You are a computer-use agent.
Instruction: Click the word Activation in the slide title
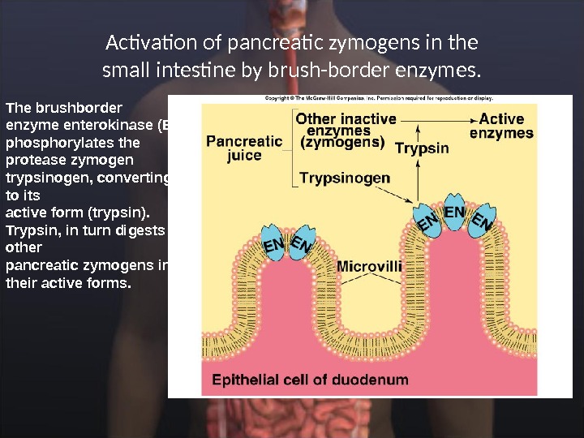coord(143,41)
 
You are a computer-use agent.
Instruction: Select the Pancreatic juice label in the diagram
coord(244,148)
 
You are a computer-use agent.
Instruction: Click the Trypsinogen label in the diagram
coord(345,178)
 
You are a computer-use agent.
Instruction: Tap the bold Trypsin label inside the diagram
coord(422,148)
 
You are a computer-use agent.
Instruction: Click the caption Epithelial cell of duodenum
coord(310,379)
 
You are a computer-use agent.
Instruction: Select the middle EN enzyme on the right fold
coord(455,213)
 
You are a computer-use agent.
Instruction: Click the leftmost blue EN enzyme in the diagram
coord(275,244)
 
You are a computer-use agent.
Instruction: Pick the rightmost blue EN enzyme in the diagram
coord(483,221)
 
